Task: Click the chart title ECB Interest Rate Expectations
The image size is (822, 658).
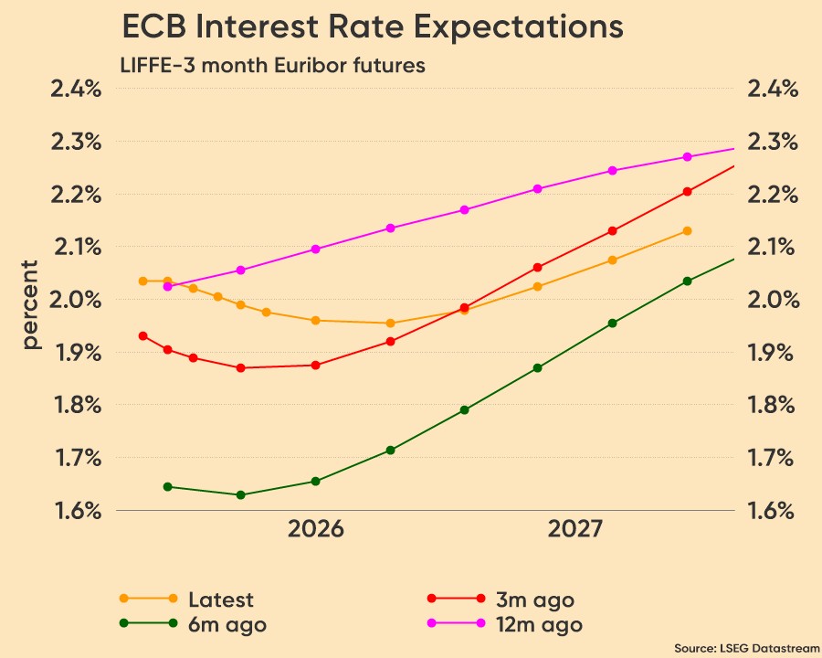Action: point(373,27)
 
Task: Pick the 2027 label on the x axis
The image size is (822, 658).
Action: point(574,529)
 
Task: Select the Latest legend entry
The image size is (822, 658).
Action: point(220,600)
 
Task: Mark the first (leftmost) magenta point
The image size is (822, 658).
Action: point(167,287)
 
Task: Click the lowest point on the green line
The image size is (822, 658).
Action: point(240,495)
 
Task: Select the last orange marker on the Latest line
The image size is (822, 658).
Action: point(688,230)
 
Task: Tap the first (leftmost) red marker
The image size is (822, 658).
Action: point(142,335)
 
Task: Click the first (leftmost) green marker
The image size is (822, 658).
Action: point(167,487)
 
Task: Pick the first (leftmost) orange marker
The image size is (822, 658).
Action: point(142,281)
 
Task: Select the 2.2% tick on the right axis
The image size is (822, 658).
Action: point(774,195)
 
